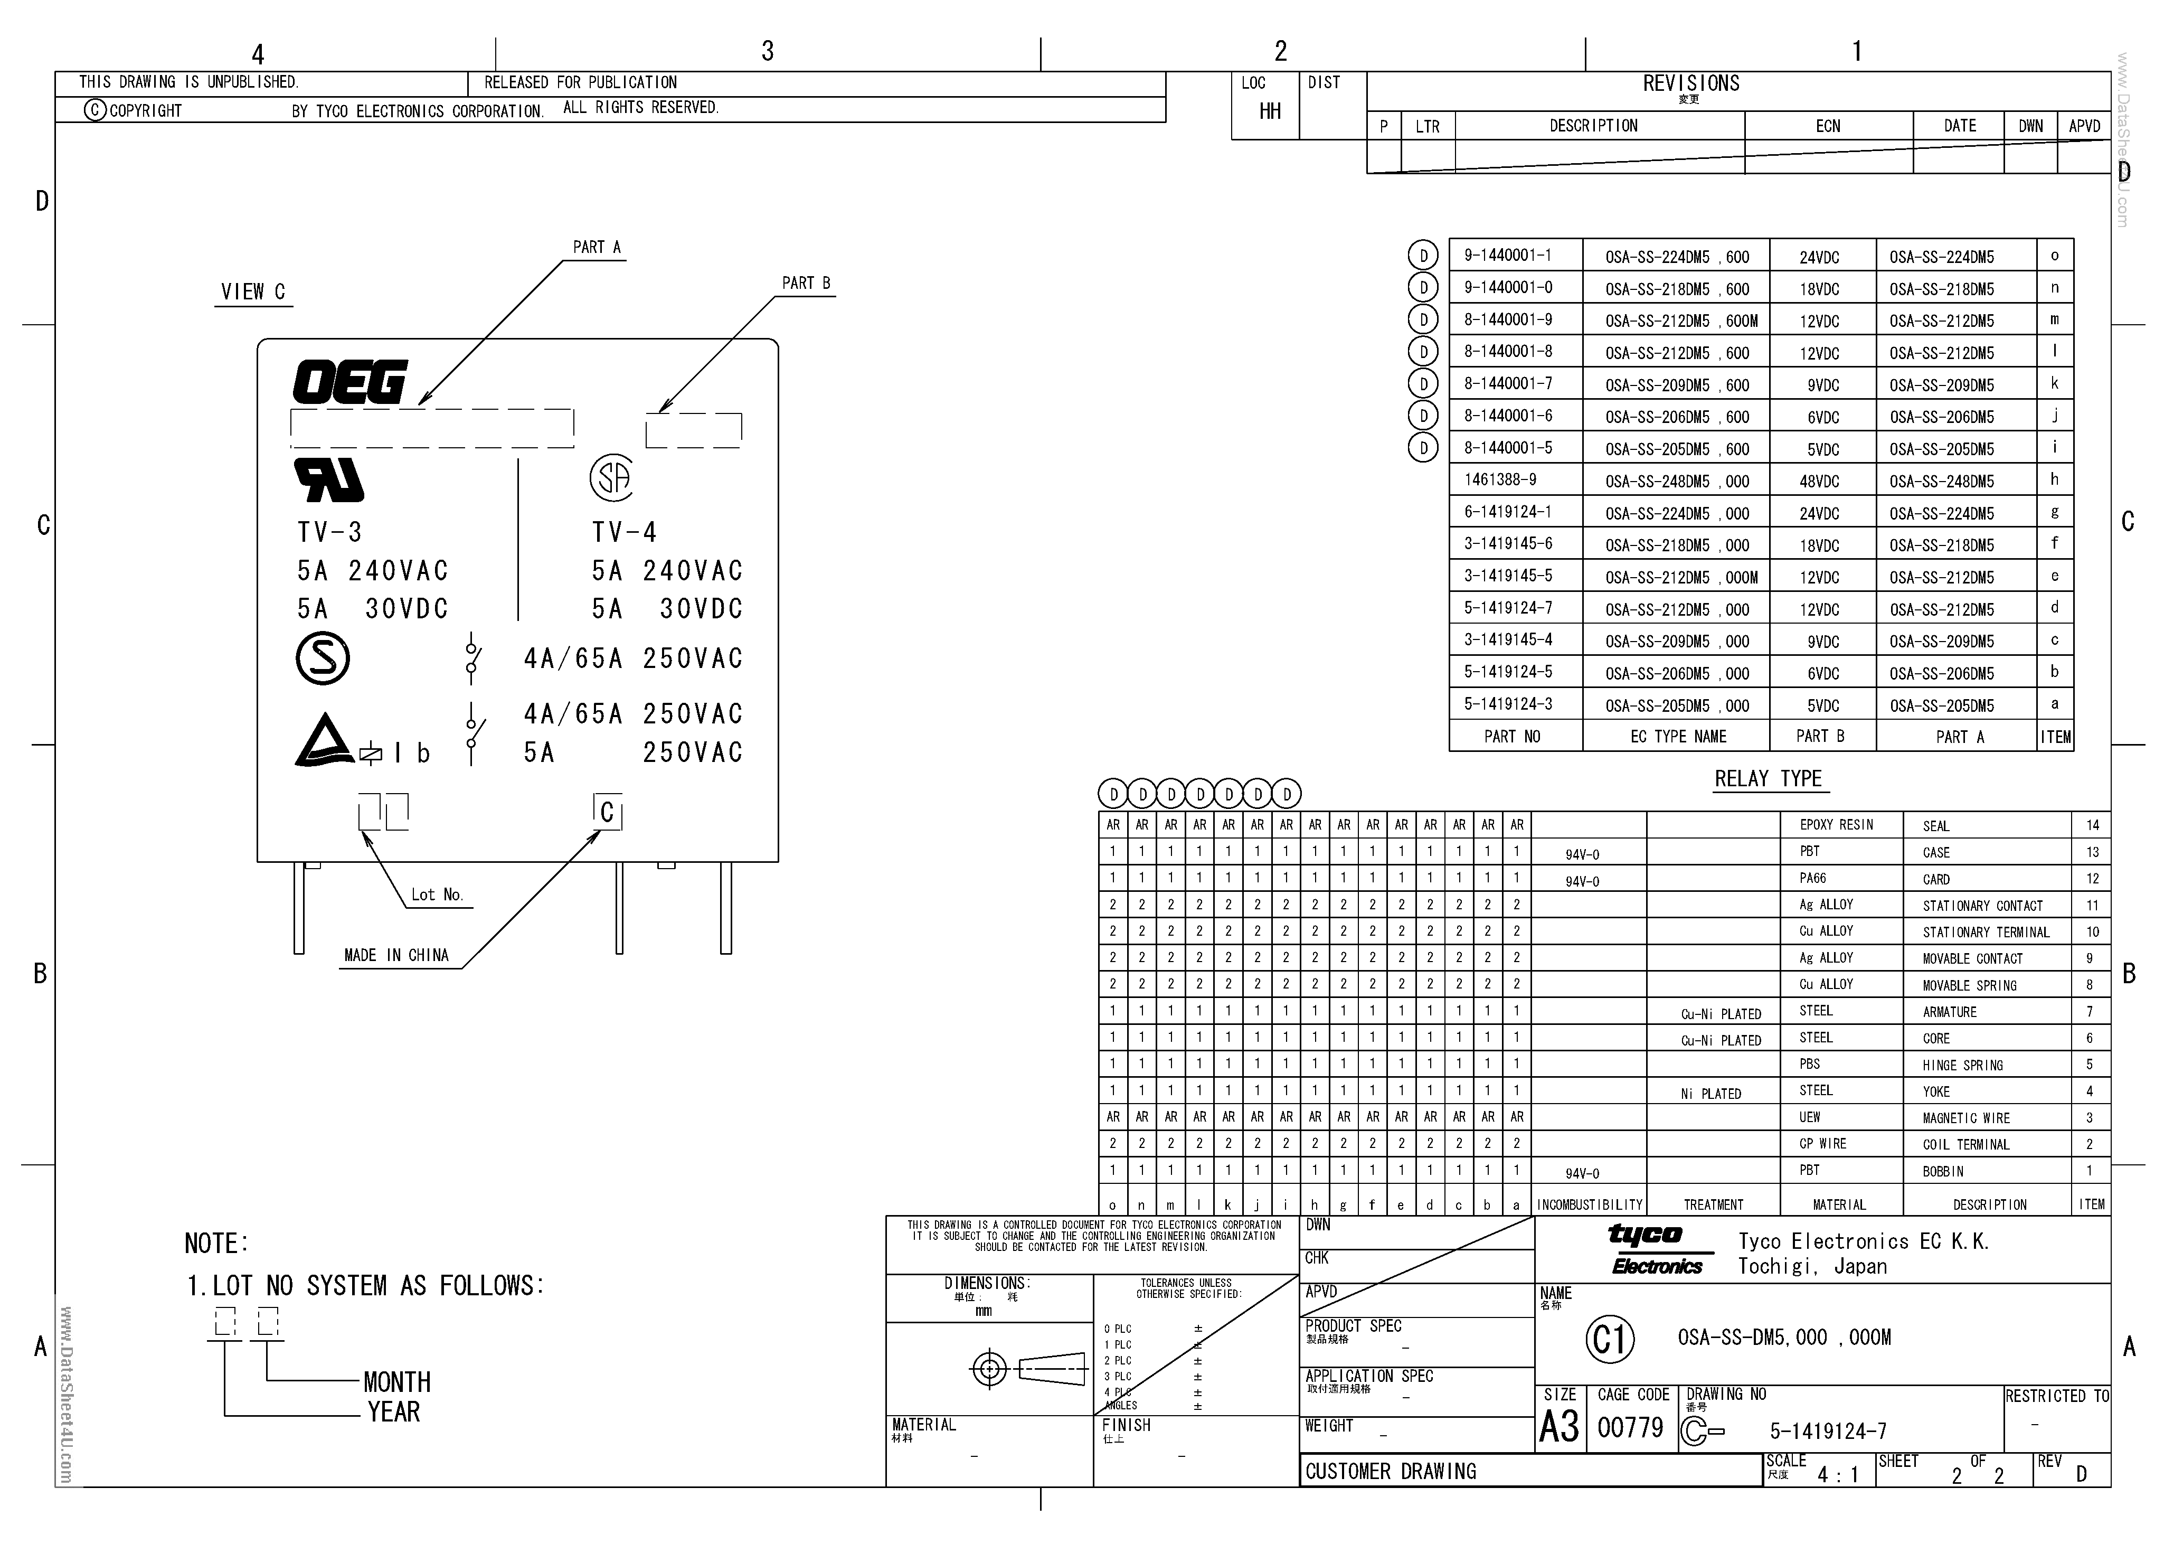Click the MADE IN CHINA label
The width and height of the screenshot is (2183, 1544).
396,955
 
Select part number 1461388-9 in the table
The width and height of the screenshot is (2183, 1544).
1500,480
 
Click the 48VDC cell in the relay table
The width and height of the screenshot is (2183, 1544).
1819,481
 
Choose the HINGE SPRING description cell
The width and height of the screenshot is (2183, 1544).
1962,1066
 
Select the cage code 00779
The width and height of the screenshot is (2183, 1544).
1630,1428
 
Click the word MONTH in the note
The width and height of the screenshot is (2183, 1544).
396,1382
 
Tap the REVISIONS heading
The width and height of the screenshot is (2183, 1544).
1690,83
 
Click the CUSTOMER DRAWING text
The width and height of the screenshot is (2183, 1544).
1390,1472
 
